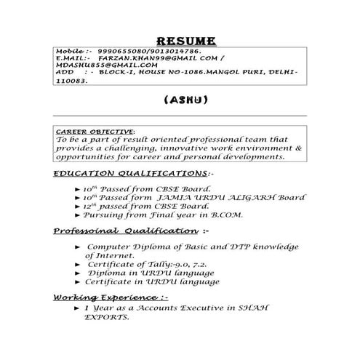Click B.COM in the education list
tap(227, 215)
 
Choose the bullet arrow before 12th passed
tap(78, 206)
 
